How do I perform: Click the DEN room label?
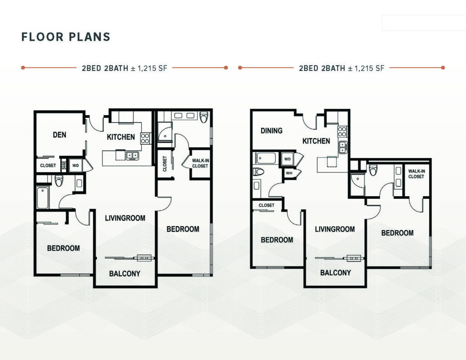pos(60,135)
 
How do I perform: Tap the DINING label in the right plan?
pos(271,131)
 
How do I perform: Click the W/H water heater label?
pos(289,172)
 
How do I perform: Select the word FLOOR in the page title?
pos(42,37)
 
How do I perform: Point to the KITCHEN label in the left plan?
pos(121,137)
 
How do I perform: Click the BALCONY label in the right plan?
pos(335,273)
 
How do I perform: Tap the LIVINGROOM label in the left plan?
pos(125,218)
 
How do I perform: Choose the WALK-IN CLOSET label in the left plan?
pos(200,163)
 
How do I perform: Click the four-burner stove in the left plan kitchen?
pos(145,138)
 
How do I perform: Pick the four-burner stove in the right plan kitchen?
pos(342,132)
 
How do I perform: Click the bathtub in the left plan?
pos(42,198)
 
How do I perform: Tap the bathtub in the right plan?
pos(266,158)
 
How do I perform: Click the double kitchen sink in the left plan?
pos(132,155)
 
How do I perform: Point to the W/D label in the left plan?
pos(76,166)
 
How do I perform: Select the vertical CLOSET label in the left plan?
pos(165,164)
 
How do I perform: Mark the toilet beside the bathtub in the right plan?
pos(258,172)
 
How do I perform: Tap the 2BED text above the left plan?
pos(91,68)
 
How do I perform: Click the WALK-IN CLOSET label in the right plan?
pos(416,174)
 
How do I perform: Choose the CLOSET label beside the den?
pos(48,165)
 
